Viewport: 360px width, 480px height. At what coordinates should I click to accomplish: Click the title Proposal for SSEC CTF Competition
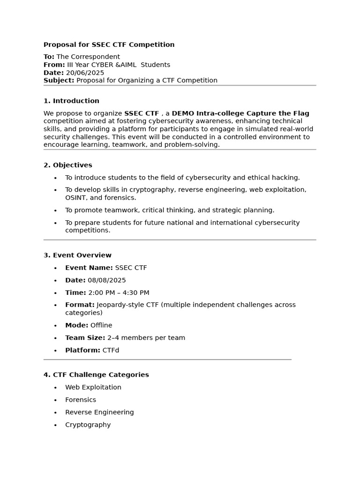tap(109, 45)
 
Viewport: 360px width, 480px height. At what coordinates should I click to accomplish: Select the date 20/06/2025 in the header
tap(85, 73)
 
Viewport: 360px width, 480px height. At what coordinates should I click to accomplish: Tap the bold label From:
tap(54, 65)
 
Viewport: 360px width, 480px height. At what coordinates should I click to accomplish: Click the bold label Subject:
tap(59, 80)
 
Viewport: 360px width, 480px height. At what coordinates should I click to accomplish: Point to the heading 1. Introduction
tap(71, 101)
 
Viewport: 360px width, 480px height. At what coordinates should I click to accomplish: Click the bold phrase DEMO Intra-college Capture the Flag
tap(240, 113)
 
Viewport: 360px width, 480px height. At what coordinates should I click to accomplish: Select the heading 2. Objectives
tap(68, 165)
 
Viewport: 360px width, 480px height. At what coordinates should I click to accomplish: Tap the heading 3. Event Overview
tap(77, 255)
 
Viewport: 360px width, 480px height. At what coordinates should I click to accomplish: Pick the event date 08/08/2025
tap(107, 280)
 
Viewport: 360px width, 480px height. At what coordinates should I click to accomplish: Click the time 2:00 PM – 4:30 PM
tap(119, 292)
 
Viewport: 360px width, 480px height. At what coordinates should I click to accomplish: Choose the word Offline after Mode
tap(101, 325)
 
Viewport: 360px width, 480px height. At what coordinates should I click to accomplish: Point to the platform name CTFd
tap(111, 350)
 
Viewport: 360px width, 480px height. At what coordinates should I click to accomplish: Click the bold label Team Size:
tap(85, 337)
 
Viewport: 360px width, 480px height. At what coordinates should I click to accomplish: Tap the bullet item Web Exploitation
tap(93, 387)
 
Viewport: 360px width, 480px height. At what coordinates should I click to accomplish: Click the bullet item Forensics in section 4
tap(81, 400)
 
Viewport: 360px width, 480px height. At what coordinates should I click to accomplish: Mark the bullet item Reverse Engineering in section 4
tap(99, 412)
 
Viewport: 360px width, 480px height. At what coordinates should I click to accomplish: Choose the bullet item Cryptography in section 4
tap(88, 425)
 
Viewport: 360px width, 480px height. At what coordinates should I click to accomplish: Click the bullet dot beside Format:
tap(55, 305)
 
